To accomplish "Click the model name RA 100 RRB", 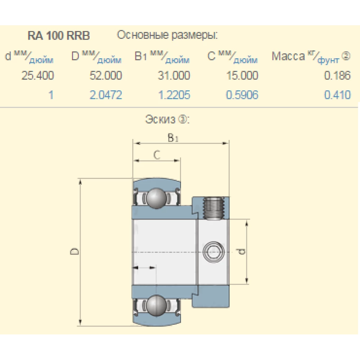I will [59, 36].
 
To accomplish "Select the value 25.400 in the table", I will [37, 76].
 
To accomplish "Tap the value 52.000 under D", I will [106, 76].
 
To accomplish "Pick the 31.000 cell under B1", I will [174, 76].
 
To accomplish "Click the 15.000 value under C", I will [242, 76].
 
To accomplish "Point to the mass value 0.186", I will [337, 76].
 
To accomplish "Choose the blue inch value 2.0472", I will [106, 95].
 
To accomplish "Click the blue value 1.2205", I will [174, 95].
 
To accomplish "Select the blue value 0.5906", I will [242, 95].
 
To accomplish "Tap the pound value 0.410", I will [337, 95].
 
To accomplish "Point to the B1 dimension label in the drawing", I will [173, 138].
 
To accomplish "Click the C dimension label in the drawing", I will [156, 155].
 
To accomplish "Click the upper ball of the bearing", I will [156, 198].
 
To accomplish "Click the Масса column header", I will [288, 57].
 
